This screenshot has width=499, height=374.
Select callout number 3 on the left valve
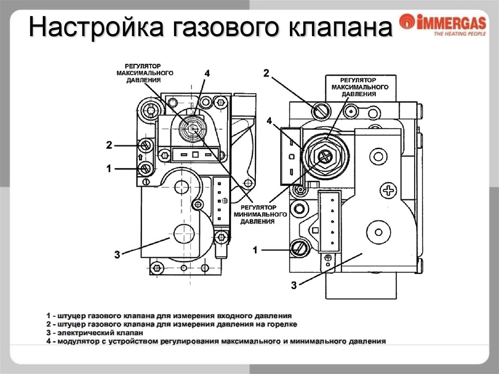point(117,255)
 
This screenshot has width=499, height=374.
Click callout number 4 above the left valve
point(207,74)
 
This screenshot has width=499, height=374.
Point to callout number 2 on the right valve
point(266,74)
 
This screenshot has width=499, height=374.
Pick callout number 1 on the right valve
point(255,250)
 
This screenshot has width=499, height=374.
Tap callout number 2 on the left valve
point(109,145)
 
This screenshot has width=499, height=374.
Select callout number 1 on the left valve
point(109,169)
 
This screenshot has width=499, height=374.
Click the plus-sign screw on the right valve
point(388,191)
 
